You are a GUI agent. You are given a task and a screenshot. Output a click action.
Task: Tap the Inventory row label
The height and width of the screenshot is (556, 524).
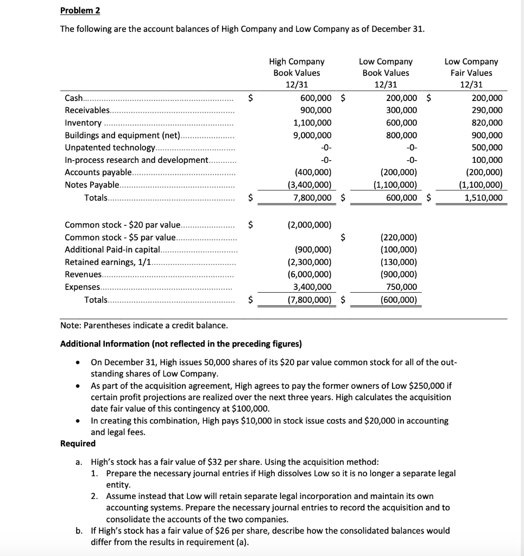[x=83, y=123]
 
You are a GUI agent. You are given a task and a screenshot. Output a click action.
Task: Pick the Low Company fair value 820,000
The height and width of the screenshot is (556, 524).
[x=487, y=123]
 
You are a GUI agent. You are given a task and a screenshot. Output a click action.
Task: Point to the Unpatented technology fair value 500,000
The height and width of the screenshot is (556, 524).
[x=487, y=148]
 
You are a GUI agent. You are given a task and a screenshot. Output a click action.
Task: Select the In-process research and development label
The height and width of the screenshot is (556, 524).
[x=136, y=160]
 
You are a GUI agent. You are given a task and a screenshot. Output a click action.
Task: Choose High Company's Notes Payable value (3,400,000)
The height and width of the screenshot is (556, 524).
[x=308, y=185]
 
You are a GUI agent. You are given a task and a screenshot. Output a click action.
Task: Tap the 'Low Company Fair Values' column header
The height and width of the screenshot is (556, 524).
[x=470, y=73]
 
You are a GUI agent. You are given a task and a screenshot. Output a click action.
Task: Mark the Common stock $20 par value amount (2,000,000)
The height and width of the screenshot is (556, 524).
[x=308, y=224]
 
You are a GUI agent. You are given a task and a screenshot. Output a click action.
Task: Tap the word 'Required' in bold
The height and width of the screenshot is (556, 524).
[x=78, y=444]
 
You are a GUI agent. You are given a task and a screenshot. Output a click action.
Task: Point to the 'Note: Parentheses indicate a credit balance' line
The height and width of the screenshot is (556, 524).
[x=144, y=325]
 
